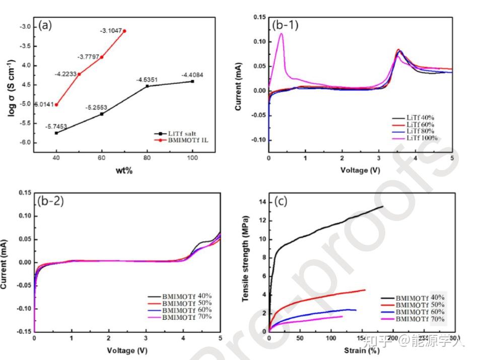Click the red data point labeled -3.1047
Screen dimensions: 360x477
[124, 31]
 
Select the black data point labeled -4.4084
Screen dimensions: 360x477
[192, 81]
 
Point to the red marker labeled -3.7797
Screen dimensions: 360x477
[102, 57]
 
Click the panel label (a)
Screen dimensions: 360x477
[45, 26]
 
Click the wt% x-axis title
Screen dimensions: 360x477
[124, 171]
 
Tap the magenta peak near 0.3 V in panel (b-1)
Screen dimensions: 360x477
[281, 34]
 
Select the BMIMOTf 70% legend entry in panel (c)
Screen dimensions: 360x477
[420, 319]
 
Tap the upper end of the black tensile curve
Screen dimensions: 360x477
[382, 206]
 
